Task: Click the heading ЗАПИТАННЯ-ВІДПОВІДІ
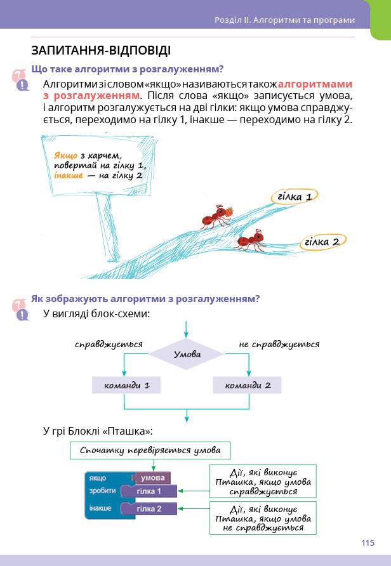coord(100,50)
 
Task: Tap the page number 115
coord(368,543)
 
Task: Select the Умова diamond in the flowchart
coord(187,354)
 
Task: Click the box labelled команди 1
coord(125,385)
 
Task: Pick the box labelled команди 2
coord(246,385)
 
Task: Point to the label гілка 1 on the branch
coord(294,197)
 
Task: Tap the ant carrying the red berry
coord(213,218)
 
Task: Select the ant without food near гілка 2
coord(252,240)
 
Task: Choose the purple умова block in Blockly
coord(152,478)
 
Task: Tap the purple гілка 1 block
coord(149,491)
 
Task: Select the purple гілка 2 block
coord(149,508)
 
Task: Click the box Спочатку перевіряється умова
coord(150,451)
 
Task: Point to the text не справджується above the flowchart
coord(279,345)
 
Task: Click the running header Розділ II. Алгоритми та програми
coord(284,20)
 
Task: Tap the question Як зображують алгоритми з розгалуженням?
coord(146,298)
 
